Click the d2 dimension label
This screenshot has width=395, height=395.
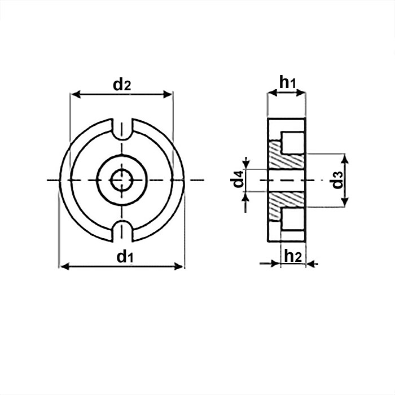click(122, 85)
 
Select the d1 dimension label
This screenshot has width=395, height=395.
click(125, 257)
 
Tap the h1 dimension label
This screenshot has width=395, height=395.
click(287, 82)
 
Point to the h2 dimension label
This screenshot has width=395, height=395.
click(293, 256)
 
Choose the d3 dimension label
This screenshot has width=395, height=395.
click(337, 180)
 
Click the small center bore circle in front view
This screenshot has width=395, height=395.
click(122, 180)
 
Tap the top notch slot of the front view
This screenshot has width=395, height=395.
click(122, 129)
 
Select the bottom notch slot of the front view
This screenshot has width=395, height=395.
click(122, 231)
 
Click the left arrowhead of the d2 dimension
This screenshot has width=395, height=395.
click(76, 94)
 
